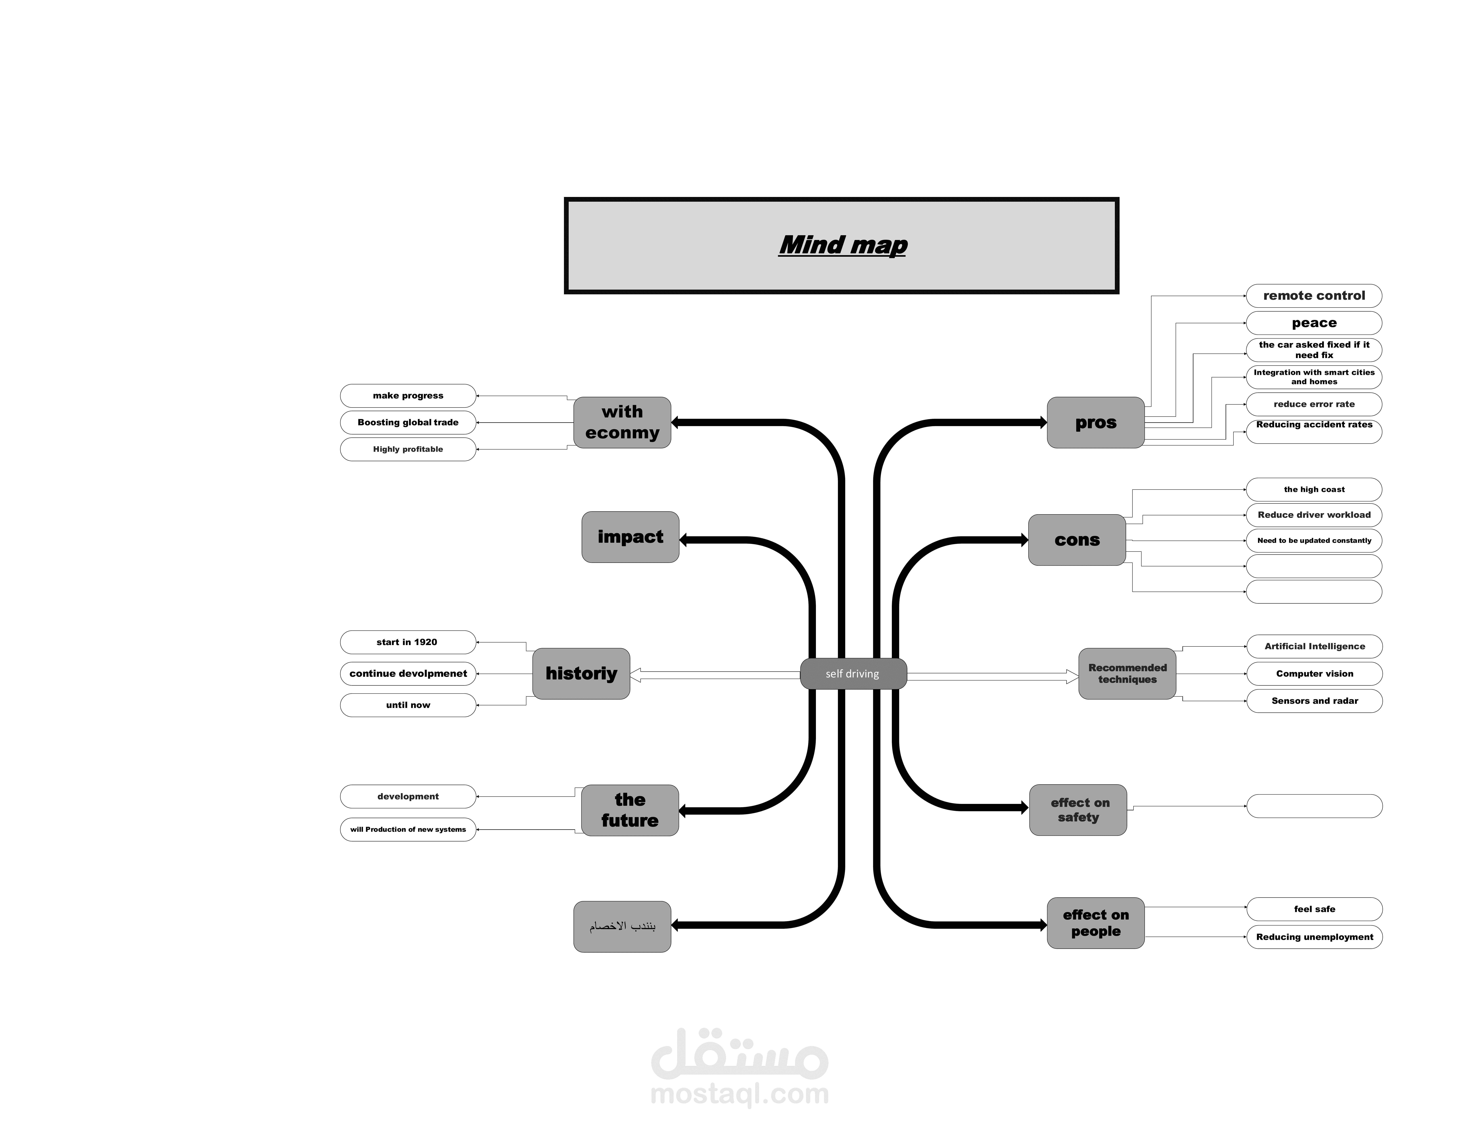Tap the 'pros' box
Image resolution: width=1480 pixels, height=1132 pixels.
(1095, 422)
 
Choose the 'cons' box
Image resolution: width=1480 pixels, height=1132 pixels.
(1077, 540)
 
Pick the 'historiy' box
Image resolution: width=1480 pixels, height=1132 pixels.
(581, 674)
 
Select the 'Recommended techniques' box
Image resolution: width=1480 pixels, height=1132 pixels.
(1127, 674)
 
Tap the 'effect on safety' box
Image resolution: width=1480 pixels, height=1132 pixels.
(1078, 810)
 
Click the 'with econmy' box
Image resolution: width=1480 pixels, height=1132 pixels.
(622, 422)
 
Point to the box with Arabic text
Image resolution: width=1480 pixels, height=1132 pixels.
(622, 926)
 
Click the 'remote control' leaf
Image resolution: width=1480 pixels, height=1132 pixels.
(1314, 296)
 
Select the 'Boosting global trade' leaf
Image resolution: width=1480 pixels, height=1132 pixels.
(408, 422)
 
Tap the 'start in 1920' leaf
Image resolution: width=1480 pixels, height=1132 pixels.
(408, 642)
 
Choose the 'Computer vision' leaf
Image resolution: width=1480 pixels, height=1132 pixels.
(1314, 674)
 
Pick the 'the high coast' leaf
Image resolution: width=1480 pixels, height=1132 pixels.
(1314, 489)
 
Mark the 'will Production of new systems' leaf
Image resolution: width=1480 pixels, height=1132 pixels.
(408, 829)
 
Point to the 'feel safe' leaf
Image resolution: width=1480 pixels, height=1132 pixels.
(1314, 909)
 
